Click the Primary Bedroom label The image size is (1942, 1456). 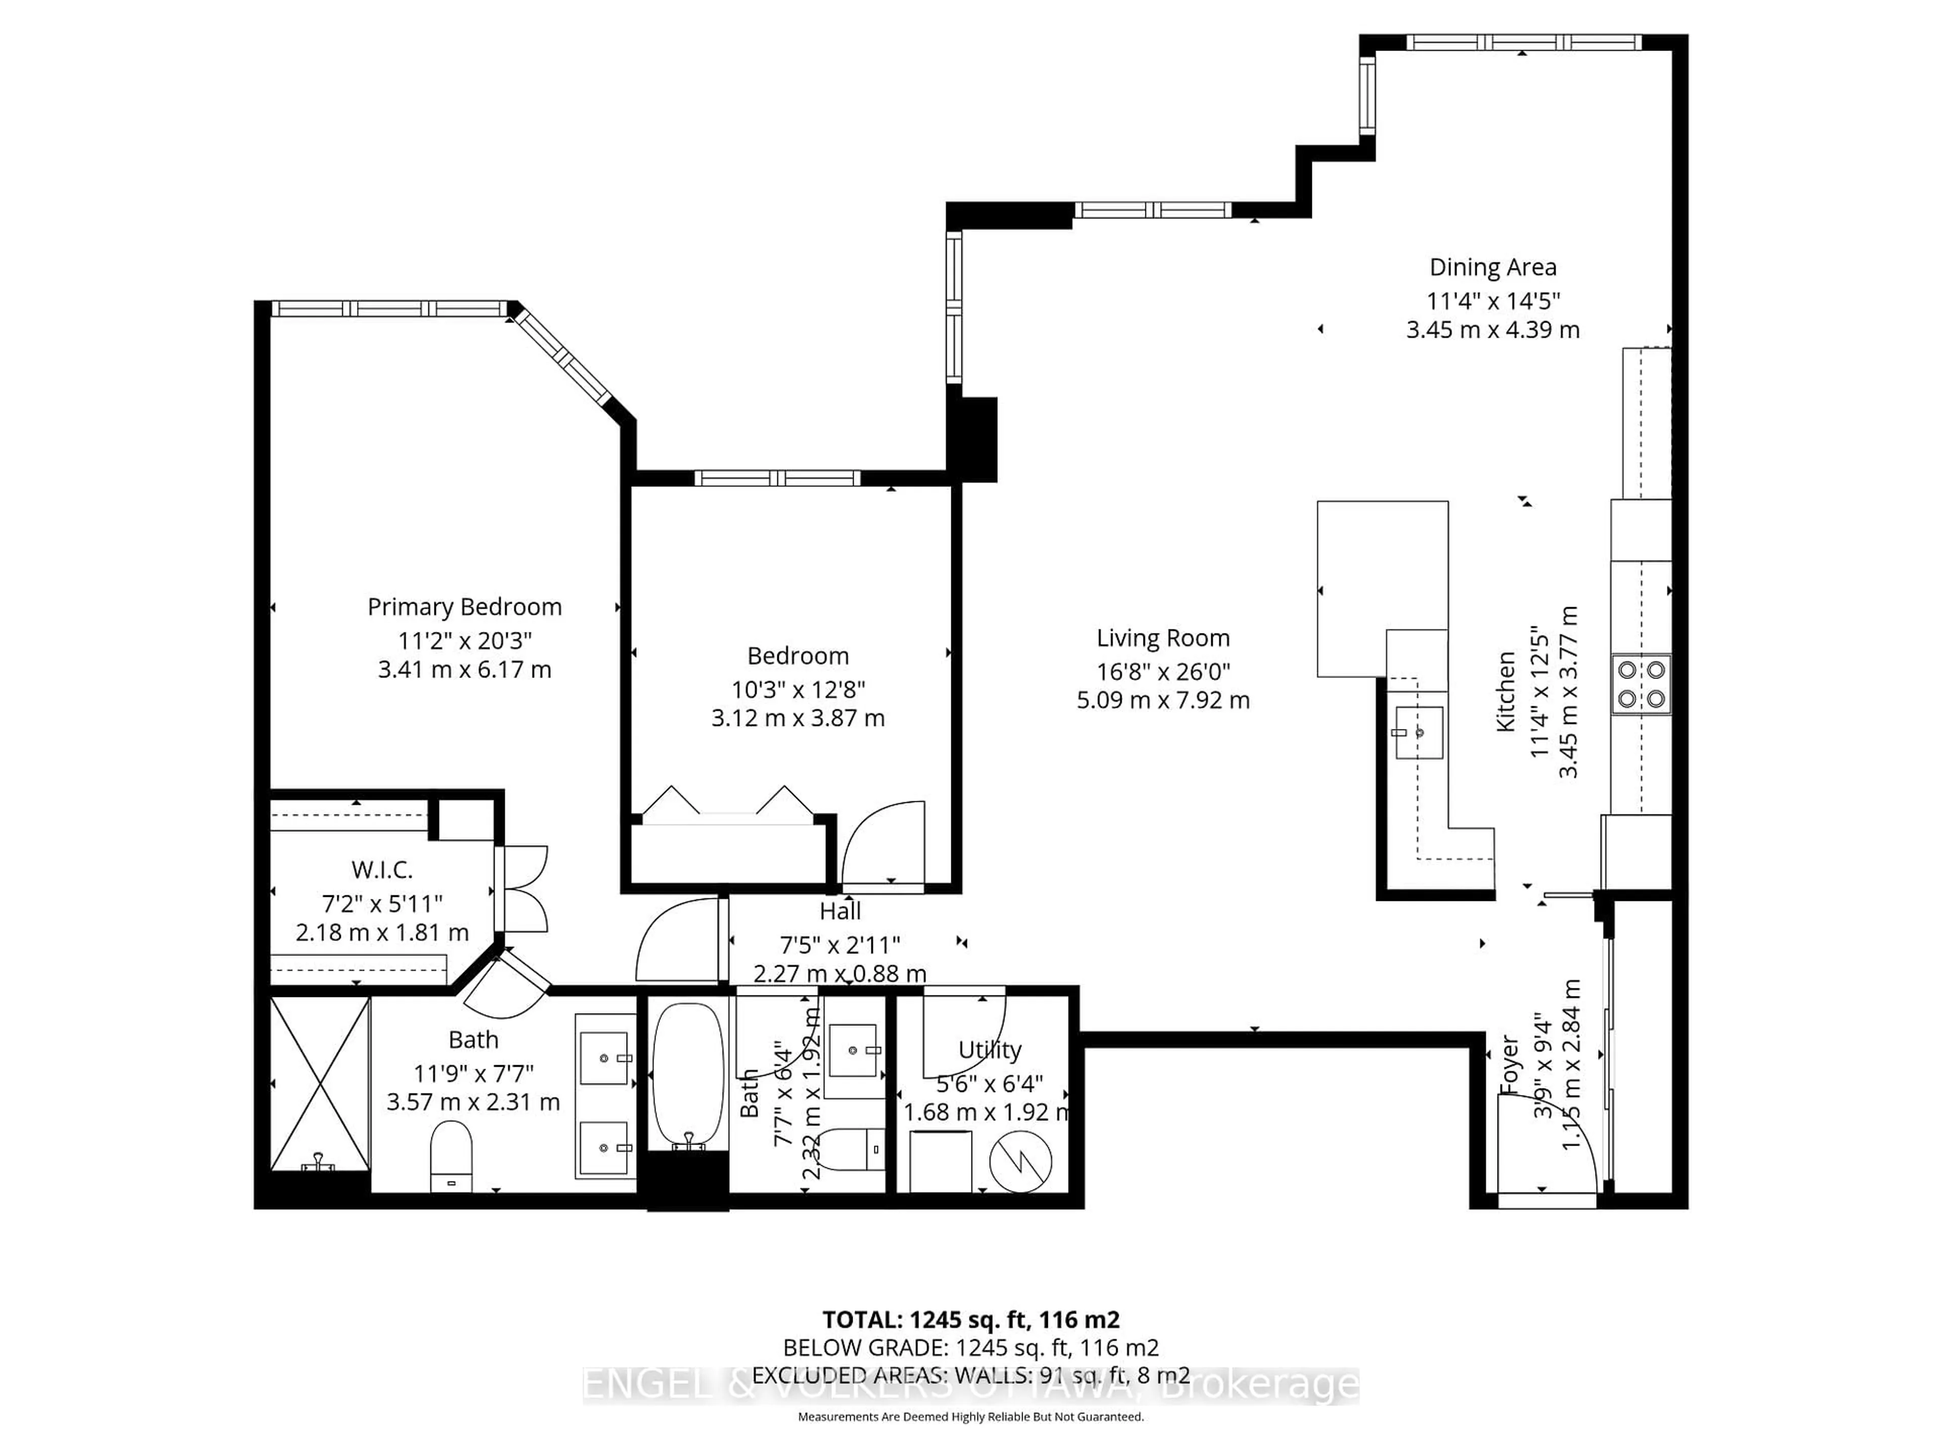pyautogui.click(x=464, y=607)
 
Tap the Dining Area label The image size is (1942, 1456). pyautogui.click(x=1492, y=267)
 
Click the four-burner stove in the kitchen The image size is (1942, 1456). pyautogui.click(x=1641, y=685)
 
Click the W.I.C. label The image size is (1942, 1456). pyautogui.click(x=382, y=870)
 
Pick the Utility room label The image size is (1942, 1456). pyautogui.click(x=989, y=1050)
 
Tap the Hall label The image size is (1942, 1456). pyautogui.click(x=840, y=911)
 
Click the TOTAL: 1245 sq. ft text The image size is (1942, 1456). pyautogui.click(x=970, y=1319)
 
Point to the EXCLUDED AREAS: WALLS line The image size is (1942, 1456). pyautogui.click(x=970, y=1375)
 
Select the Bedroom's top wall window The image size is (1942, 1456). pyautogui.click(x=777, y=478)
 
